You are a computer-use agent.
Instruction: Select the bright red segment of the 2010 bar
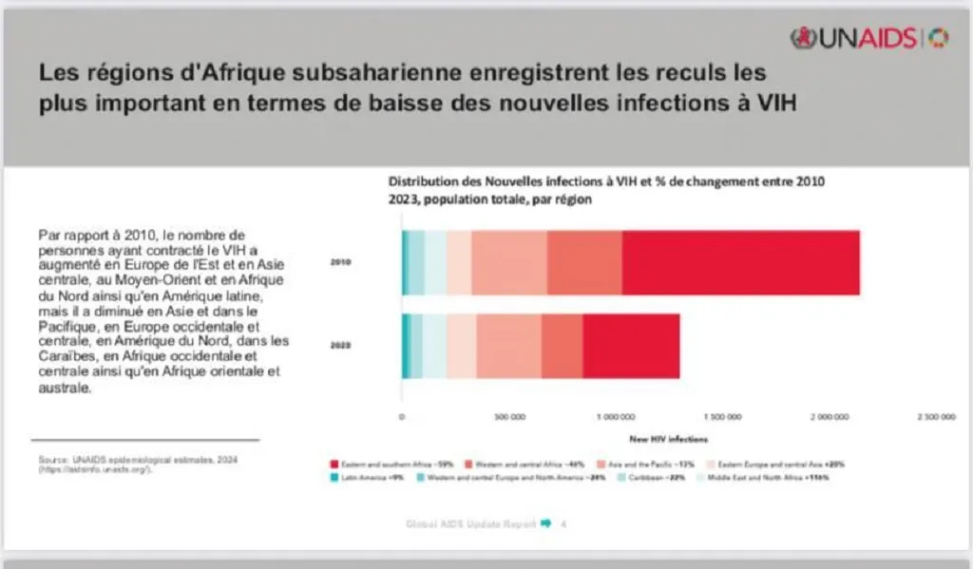click(x=740, y=262)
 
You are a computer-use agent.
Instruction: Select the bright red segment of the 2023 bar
click(x=631, y=346)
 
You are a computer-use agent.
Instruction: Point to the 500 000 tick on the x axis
click(x=510, y=416)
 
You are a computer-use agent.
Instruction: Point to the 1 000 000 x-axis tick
click(x=616, y=416)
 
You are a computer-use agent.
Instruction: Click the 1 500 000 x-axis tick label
click(x=723, y=416)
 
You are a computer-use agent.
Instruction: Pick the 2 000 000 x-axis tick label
click(x=830, y=416)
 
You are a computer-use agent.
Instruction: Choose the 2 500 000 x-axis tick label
click(x=936, y=416)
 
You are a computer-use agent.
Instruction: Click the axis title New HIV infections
click(x=669, y=439)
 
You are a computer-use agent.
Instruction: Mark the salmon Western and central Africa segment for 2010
click(x=584, y=262)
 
